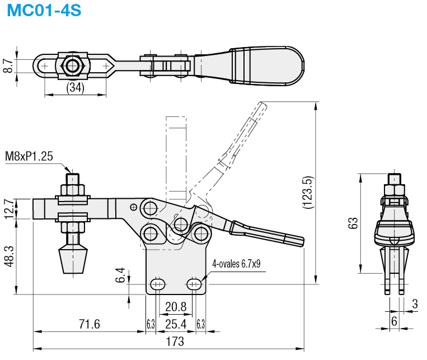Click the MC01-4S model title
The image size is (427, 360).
pos(44,10)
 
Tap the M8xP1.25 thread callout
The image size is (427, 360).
pos(29,156)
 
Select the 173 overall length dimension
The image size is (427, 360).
pos(175,342)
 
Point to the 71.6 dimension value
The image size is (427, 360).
pos(90,324)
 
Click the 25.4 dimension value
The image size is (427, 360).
pos(176,324)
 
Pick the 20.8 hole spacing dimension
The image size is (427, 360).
pos(176,307)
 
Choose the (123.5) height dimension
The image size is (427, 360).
pos(308,193)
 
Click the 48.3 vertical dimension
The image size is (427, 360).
pos(9,256)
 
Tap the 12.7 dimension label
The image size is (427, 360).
pos(9,209)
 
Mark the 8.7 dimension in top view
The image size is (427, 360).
pos(8,66)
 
